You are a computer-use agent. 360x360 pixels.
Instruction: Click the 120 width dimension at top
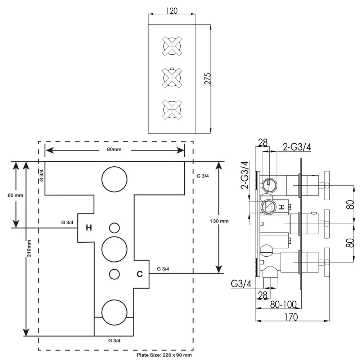[x=172, y=11]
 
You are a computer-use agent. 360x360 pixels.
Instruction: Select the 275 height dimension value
[x=208, y=78]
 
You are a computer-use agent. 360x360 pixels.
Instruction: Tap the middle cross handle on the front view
[x=172, y=77]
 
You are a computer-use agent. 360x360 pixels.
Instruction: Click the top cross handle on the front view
[x=172, y=46]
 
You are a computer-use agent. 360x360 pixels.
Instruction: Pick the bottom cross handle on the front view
[x=172, y=109]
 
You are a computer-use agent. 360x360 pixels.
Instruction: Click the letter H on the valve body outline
[x=89, y=228]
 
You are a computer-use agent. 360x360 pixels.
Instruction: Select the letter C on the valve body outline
[x=140, y=274]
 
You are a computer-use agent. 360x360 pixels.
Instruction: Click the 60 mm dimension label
[x=15, y=195]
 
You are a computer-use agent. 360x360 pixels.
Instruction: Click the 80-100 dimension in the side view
[x=284, y=305]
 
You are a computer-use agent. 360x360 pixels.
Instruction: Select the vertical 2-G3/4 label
[x=244, y=175]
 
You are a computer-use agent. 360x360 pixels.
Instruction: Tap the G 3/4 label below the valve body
[x=114, y=340]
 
